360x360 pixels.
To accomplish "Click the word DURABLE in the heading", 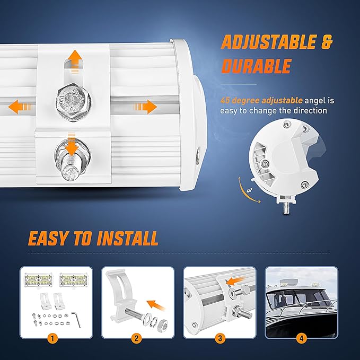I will point(256,66).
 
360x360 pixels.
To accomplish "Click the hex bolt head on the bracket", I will point(71,100).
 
